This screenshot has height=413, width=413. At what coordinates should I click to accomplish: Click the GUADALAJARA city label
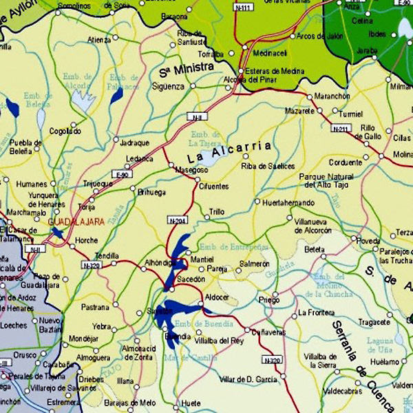pyautogui.click(x=76, y=222)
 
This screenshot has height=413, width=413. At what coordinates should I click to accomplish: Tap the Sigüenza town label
pyautogui.click(x=169, y=87)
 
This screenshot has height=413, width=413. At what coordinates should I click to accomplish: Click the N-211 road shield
pyautogui.click(x=340, y=129)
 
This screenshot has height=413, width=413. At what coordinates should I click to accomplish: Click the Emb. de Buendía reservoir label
pyautogui.click(x=199, y=324)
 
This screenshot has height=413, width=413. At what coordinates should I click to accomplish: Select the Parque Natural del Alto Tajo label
pyautogui.click(x=326, y=180)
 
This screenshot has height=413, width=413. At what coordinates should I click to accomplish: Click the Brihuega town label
pyautogui.click(x=152, y=192)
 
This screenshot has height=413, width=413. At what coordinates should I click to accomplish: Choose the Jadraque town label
pyautogui.click(x=134, y=143)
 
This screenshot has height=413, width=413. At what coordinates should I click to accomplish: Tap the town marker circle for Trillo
pyautogui.click(x=206, y=220)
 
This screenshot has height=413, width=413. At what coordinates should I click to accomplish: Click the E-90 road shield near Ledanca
pyautogui.click(x=123, y=174)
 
